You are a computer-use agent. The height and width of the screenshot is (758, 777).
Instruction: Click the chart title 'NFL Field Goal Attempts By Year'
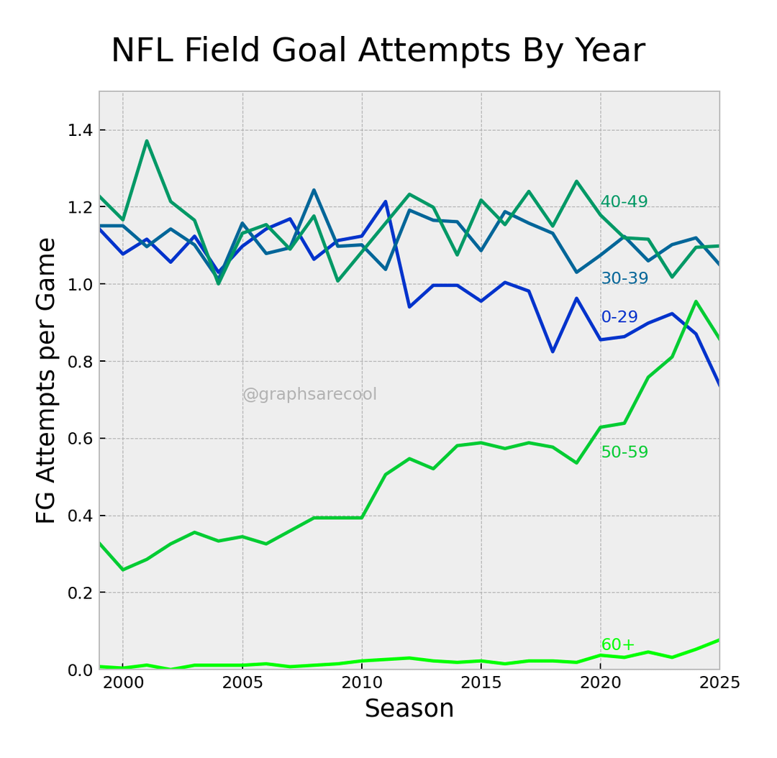click(x=378, y=51)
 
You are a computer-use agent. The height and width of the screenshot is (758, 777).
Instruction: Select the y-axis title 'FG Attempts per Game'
click(x=46, y=380)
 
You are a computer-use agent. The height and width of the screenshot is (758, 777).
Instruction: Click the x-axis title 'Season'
click(x=409, y=709)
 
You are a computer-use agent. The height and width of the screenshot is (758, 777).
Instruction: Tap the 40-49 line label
click(x=624, y=202)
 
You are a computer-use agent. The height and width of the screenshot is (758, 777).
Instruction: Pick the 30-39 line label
click(x=624, y=279)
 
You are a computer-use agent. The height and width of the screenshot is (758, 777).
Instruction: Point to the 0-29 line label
click(x=619, y=317)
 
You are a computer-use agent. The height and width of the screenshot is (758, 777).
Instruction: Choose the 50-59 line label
click(x=624, y=452)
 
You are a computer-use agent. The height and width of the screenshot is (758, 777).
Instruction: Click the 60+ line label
click(x=618, y=645)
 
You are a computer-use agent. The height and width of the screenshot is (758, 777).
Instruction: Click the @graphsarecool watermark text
click(x=309, y=395)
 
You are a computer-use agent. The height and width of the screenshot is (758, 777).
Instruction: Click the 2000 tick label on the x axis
click(x=122, y=683)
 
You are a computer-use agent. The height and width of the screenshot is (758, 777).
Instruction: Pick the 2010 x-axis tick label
click(x=362, y=683)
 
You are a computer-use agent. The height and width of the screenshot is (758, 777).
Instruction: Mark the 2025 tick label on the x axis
click(x=719, y=683)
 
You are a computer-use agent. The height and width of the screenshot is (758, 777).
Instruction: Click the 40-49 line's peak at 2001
click(x=147, y=141)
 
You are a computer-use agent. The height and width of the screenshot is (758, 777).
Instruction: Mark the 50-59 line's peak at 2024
click(x=696, y=301)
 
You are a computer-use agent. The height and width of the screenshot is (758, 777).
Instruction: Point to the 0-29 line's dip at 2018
click(x=553, y=352)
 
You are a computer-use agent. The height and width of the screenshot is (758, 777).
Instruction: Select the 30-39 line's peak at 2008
click(x=314, y=190)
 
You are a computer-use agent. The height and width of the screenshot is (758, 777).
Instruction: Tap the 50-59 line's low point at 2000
click(x=122, y=570)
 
